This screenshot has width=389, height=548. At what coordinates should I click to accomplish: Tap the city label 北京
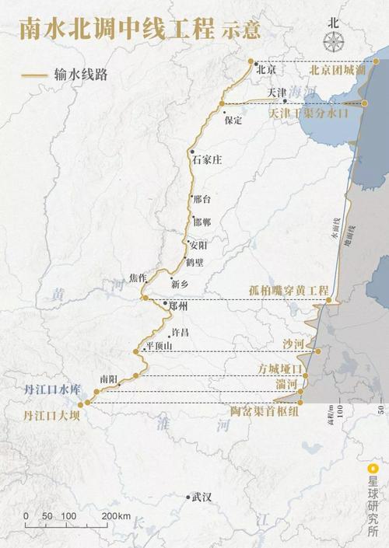click(266, 68)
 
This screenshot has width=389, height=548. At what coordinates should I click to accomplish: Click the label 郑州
click(179, 307)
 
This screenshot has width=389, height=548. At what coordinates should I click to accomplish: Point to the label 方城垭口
click(279, 369)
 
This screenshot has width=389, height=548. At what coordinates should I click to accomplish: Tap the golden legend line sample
click(33, 77)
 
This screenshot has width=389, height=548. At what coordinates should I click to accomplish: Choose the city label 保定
click(233, 120)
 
